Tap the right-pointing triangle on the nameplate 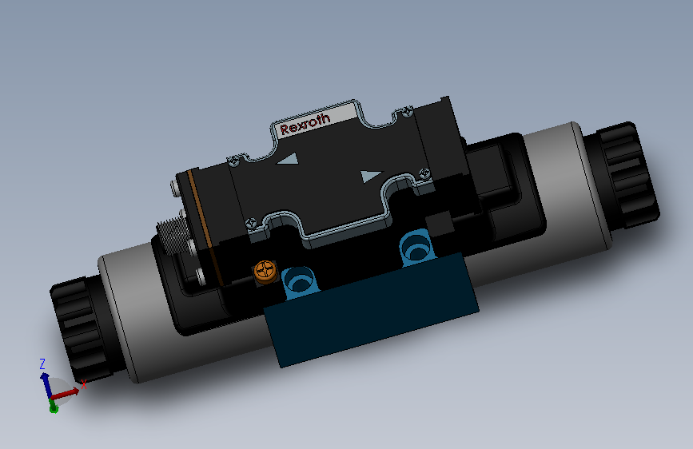coord(370,176)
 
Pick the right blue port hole coord(416,246)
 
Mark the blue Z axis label coord(42,364)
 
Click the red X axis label coord(82,384)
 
